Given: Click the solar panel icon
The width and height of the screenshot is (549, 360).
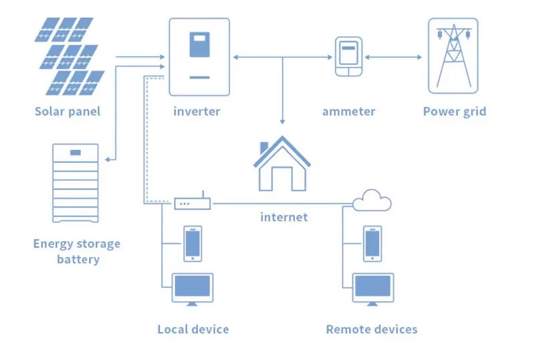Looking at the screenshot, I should point(69,57).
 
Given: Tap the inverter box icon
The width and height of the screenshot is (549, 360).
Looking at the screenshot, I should point(199,57).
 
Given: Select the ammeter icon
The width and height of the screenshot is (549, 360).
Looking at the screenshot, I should point(347,58).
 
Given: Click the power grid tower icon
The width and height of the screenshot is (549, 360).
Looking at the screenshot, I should point(453,56).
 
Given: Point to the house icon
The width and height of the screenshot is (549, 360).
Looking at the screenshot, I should point(282,165).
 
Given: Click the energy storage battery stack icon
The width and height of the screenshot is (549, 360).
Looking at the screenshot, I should point(76,183).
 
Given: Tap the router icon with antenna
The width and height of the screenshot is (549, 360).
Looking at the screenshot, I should point(193,202).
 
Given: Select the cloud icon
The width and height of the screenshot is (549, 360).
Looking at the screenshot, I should point(372,199).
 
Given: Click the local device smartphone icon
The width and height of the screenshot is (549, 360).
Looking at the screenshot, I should point(193,243).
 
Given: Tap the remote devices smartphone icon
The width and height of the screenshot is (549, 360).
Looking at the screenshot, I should point(372,243).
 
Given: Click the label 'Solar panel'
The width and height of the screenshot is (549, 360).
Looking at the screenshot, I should point(68,111).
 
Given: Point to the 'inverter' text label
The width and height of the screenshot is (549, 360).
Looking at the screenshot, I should point(197,111).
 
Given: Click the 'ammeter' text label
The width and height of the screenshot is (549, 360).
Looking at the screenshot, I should point(348,111).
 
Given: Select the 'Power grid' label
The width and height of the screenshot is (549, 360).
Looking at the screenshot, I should point(454,111).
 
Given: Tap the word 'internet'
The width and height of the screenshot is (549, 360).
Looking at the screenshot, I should point(284,217).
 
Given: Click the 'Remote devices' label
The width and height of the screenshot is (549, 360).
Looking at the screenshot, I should point(372,329).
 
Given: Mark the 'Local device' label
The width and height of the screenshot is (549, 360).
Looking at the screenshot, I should point(193,329).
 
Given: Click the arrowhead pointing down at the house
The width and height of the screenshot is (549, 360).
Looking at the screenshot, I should point(282,121).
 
